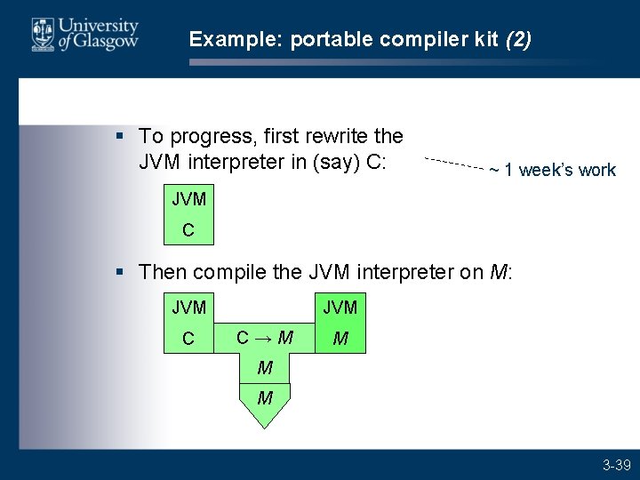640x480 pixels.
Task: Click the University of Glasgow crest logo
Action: (x=42, y=35)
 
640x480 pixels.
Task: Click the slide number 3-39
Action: (x=616, y=465)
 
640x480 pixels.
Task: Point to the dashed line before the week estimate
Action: (x=453, y=163)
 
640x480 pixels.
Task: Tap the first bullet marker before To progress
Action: (x=121, y=136)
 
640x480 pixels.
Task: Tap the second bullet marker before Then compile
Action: (x=121, y=271)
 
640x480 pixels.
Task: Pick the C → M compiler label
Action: (x=265, y=337)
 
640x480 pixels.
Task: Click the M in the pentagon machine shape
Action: (x=265, y=397)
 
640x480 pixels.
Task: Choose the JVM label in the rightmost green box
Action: (x=340, y=308)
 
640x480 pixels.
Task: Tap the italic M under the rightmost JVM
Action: (x=340, y=339)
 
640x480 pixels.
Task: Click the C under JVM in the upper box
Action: (x=188, y=230)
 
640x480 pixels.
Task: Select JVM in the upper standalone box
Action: (x=188, y=199)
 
